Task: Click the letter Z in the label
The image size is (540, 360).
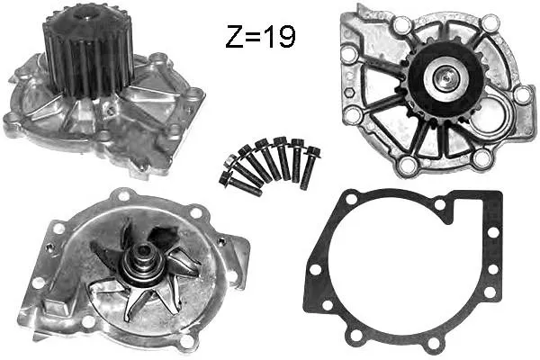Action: [x=234, y=36]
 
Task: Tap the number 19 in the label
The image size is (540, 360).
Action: [x=281, y=36]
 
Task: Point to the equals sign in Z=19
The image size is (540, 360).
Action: [x=254, y=37]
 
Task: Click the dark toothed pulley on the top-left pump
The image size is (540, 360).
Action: [x=88, y=51]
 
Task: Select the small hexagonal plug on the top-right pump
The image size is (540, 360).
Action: [x=350, y=93]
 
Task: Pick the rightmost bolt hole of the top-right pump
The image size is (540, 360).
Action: [x=523, y=94]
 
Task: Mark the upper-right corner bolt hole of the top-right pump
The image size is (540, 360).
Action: [x=490, y=22]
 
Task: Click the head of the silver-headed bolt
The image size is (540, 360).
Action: [x=230, y=161]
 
